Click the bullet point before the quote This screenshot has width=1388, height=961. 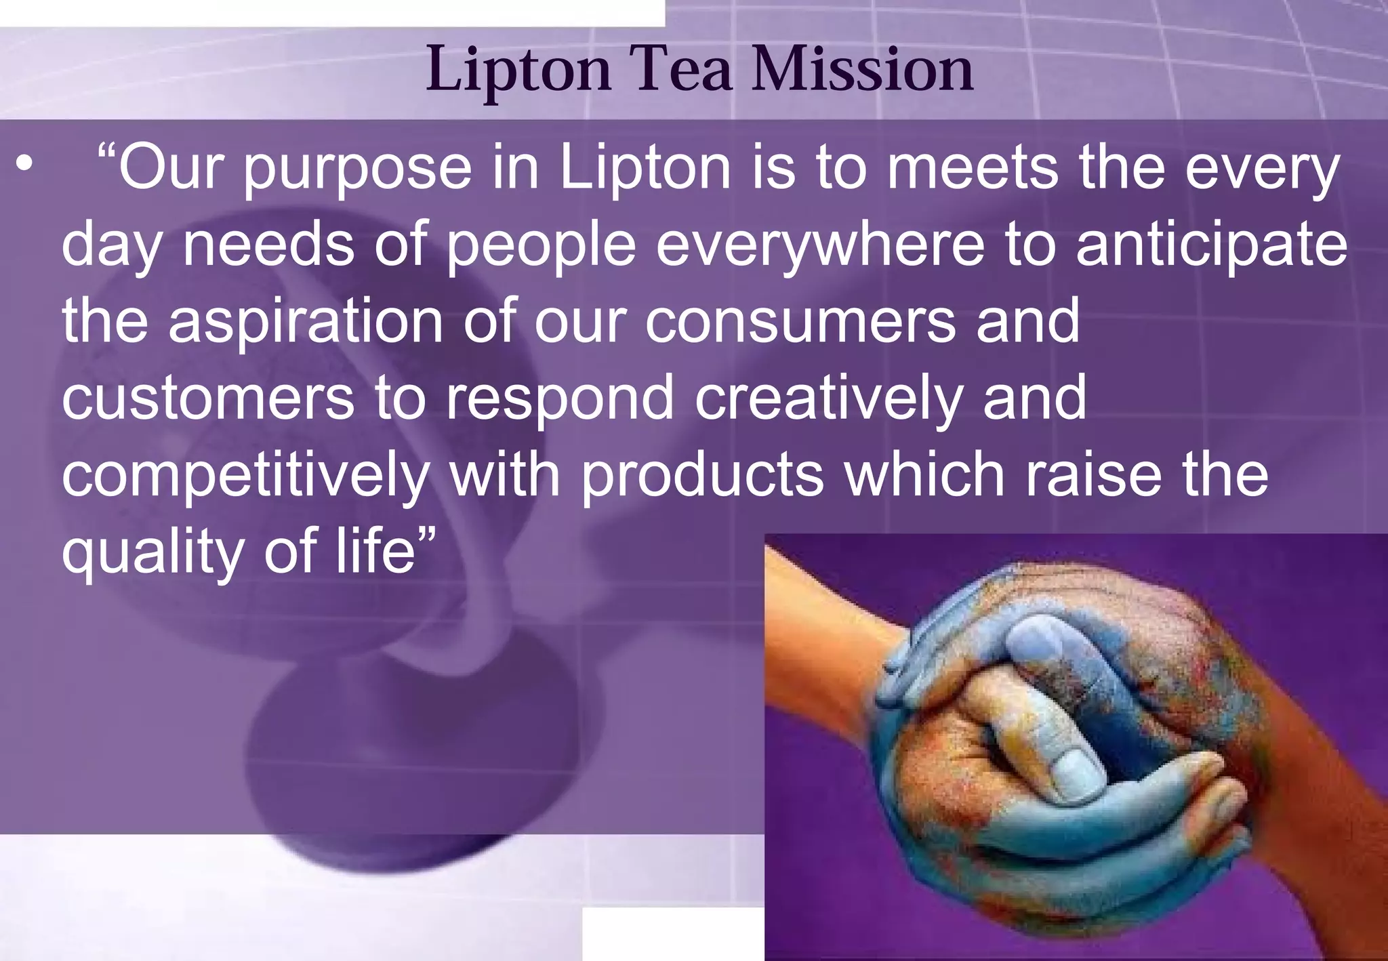coord(25,165)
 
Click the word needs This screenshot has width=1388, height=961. coord(268,244)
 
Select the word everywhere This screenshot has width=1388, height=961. coord(820,245)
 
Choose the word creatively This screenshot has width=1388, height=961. coord(828,400)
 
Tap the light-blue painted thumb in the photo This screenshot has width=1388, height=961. coord(1074,766)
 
